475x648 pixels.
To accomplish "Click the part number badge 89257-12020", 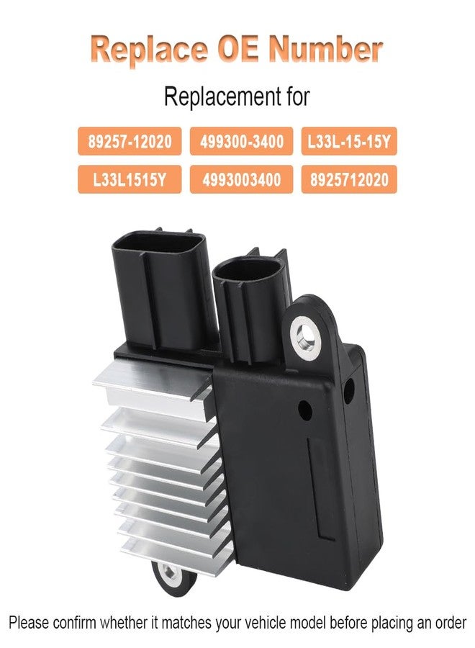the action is pyautogui.click(x=130, y=141).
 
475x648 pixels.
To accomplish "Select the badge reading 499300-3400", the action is pyautogui.click(x=241, y=141).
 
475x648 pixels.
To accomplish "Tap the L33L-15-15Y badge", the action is pyautogui.click(x=349, y=141).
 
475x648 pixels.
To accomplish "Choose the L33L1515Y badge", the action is pyautogui.click(x=130, y=179).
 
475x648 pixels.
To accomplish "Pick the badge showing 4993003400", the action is pyautogui.click(x=241, y=179).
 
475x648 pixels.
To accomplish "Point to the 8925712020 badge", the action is pyautogui.click(x=349, y=179).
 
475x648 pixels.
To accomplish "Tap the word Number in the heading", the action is pyautogui.click(x=325, y=49).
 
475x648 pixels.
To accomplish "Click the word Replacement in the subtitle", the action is pyautogui.click(x=217, y=96).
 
